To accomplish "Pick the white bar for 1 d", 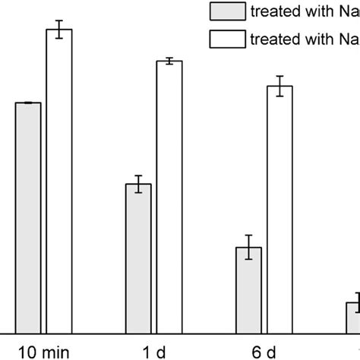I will [x=169, y=197].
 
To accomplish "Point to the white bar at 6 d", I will [x=279, y=209].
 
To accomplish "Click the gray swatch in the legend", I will [x=226, y=11].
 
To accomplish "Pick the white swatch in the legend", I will [x=226, y=39].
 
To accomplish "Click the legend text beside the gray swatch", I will [x=304, y=11].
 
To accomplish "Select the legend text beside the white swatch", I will [x=304, y=39].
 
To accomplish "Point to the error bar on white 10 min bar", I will [x=59, y=30].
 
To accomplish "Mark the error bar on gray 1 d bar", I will [x=138, y=184].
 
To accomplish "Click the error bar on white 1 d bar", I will [x=169, y=61].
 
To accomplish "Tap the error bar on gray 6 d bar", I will [x=248, y=247].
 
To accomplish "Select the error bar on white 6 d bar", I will [x=279, y=86].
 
